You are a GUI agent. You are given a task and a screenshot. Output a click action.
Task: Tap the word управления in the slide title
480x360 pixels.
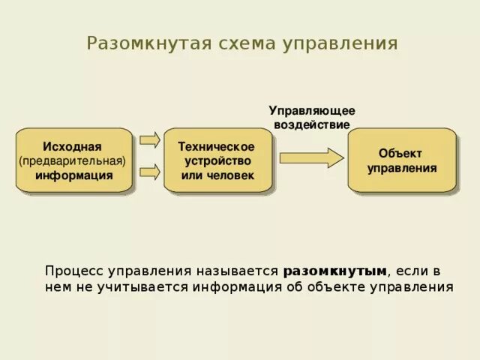[x=339, y=43]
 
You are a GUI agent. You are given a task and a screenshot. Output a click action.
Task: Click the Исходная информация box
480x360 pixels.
[x=73, y=160]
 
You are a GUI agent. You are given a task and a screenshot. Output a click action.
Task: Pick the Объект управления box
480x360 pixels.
[x=401, y=160]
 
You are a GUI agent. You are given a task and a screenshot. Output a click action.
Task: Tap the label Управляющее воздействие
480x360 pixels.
[x=312, y=118]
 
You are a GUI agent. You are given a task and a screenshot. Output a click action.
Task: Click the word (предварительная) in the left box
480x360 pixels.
[x=73, y=160]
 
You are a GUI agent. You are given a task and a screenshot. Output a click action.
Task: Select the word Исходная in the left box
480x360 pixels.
[x=73, y=146]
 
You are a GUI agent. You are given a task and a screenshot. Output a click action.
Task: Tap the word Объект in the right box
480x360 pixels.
[x=402, y=153]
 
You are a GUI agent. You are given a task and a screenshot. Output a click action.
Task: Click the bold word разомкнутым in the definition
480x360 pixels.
[x=335, y=270]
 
